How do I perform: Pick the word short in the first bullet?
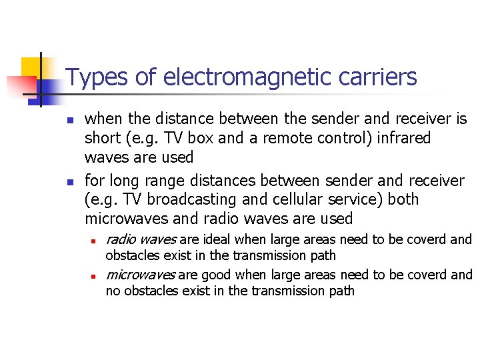click(101, 139)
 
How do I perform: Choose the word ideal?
click(216, 239)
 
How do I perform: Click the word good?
click(215, 275)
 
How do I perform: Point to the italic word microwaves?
click(141, 275)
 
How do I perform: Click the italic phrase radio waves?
click(141, 239)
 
